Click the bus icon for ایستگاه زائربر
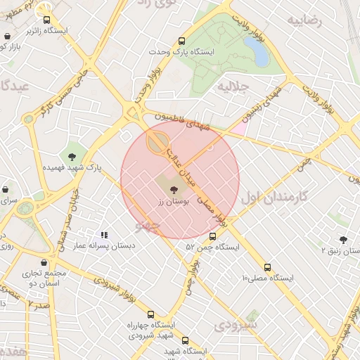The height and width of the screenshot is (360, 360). click(47, 20)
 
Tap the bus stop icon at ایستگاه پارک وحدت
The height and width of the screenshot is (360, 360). click(182, 41)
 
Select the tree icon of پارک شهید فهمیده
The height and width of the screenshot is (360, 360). click(72, 156)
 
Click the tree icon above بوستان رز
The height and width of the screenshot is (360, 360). click(173, 188)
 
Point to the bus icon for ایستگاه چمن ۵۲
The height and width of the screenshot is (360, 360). click(213, 236)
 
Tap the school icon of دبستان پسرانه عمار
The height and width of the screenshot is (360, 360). click(105, 235)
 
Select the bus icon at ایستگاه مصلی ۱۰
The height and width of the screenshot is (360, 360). click(267, 267)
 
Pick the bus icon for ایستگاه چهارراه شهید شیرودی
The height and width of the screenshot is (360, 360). click(150, 314)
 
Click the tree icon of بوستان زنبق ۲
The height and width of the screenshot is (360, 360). click(343, 239)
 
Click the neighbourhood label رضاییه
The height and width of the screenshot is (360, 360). click(304, 20)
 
